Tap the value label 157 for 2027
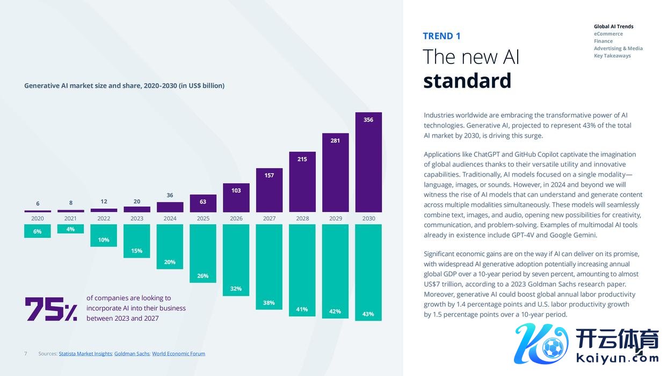click(269, 175)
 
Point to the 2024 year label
click(170, 218)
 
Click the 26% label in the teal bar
click(202, 276)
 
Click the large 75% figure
click(51, 309)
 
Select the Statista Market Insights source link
click(85, 354)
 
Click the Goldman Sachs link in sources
click(132, 354)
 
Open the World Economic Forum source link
click(178, 354)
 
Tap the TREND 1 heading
click(441, 36)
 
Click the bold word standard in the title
click(467, 81)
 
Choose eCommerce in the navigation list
click(608, 34)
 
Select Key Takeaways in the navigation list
click(612, 56)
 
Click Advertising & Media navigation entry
click(618, 48)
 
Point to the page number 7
click(25, 354)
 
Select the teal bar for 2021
click(70, 229)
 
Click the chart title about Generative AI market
click(124, 86)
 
